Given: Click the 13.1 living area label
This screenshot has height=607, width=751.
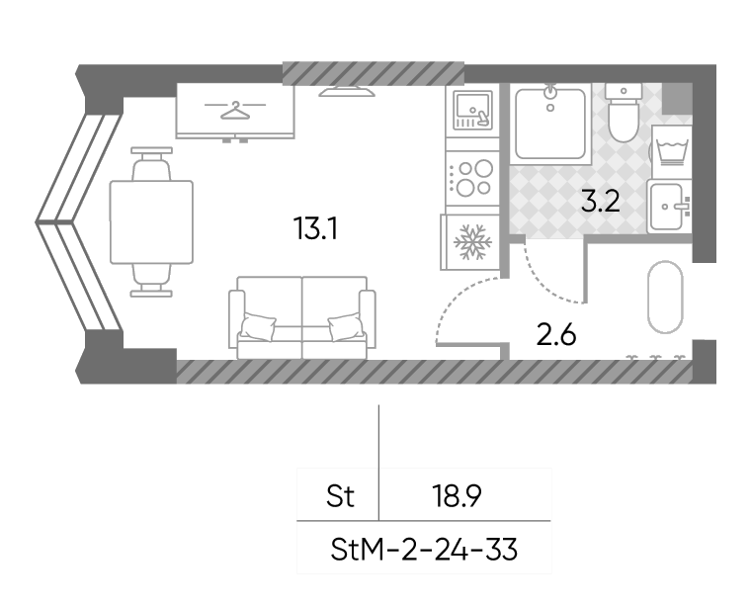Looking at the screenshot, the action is point(315,228).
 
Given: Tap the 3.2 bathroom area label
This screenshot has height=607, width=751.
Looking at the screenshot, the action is point(601,201).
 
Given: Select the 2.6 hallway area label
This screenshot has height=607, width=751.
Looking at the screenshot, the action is point(556,334).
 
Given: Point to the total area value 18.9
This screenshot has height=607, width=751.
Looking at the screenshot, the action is point(457,496).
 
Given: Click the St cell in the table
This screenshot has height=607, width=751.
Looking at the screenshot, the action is point(340,496).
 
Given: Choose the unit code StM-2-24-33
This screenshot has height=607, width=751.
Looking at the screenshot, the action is point(424,550).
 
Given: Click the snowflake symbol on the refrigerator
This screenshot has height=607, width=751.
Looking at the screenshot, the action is point(472,243).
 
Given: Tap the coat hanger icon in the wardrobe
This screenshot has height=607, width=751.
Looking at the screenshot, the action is point(235,110).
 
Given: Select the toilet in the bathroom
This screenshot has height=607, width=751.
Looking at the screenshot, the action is point(624,112).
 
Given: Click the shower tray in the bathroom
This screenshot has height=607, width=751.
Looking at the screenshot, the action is point(550,124).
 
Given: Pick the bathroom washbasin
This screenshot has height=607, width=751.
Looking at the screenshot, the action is point(670,207).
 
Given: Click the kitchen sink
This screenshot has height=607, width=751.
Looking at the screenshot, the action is point(472,111).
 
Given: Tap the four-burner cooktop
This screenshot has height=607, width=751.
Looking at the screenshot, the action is point(472,178).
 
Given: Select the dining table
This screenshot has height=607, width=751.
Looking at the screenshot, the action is point(151,221).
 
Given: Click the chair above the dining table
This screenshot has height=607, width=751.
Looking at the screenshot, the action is point(151,164).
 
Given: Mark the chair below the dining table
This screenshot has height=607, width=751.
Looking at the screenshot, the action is point(151,280).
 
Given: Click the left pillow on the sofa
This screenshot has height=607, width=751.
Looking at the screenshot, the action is point(258,326).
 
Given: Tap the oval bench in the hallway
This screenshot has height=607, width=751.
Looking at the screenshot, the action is point(665,297).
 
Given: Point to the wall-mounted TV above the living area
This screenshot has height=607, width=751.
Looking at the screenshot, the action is point(347,92).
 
